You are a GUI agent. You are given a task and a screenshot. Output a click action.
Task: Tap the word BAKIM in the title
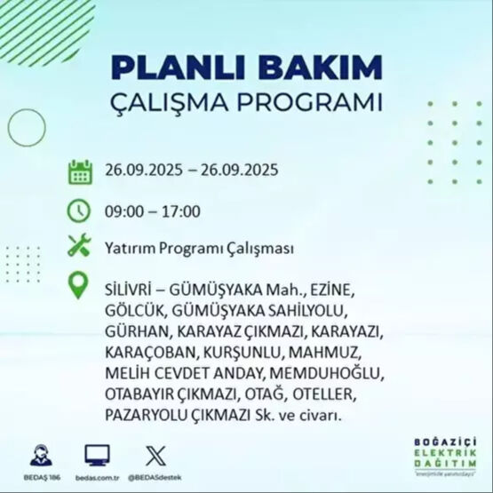325,68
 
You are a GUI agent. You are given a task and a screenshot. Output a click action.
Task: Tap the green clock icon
80,211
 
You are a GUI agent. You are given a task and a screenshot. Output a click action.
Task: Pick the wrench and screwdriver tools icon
80,248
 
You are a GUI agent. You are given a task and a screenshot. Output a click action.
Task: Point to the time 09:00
123,211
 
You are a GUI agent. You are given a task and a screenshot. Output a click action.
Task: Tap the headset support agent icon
40,455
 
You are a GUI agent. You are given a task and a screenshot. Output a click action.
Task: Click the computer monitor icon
97,455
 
